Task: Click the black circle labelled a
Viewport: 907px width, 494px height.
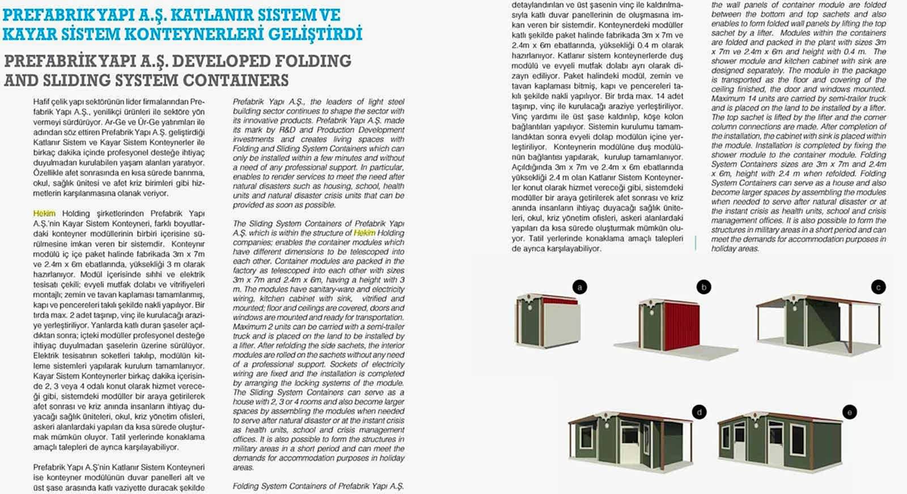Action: coord(579,287)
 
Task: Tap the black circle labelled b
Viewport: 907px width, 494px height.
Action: coord(703,287)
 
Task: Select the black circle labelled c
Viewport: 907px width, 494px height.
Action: coord(878,287)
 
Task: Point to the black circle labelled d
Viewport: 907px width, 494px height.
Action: coord(700,412)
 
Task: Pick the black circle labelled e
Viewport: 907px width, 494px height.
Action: coord(849,412)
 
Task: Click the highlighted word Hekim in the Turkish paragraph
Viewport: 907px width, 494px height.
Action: coord(44,214)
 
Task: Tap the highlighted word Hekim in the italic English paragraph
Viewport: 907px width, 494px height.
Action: coord(365,233)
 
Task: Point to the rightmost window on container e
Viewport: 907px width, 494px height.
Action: coord(798,440)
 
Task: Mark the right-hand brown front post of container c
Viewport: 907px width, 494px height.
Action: coord(850,329)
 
